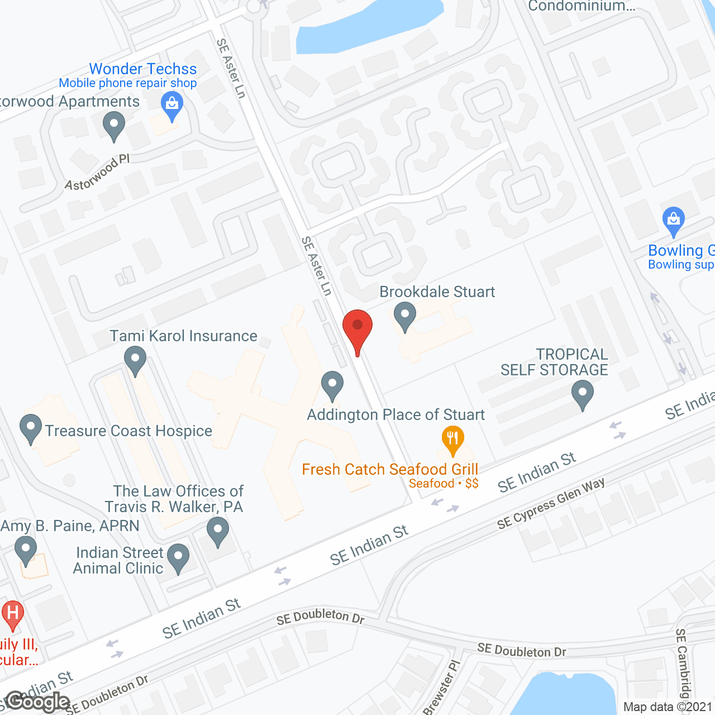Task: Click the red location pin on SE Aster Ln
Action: (357, 328)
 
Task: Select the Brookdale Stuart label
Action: (437, 292)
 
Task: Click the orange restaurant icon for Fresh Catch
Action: (453, 440)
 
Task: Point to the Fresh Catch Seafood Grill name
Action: (390, 469)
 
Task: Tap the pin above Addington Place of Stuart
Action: (332, 385)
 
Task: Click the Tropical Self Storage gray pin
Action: (582, 394)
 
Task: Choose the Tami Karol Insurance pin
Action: (135, 360)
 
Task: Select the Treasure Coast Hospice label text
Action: (128, 431)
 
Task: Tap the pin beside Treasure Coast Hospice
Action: (31, 428)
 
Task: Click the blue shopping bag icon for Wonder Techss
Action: (171, 105)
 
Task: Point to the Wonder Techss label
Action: (143, 69)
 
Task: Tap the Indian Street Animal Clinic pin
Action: (178, 557)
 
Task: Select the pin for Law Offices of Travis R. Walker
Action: (217, 531)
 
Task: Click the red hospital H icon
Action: (12, 614)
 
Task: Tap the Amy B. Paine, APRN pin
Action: (25, 550)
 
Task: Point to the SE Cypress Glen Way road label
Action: (551, 503)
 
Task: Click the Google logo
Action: (37, 702)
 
